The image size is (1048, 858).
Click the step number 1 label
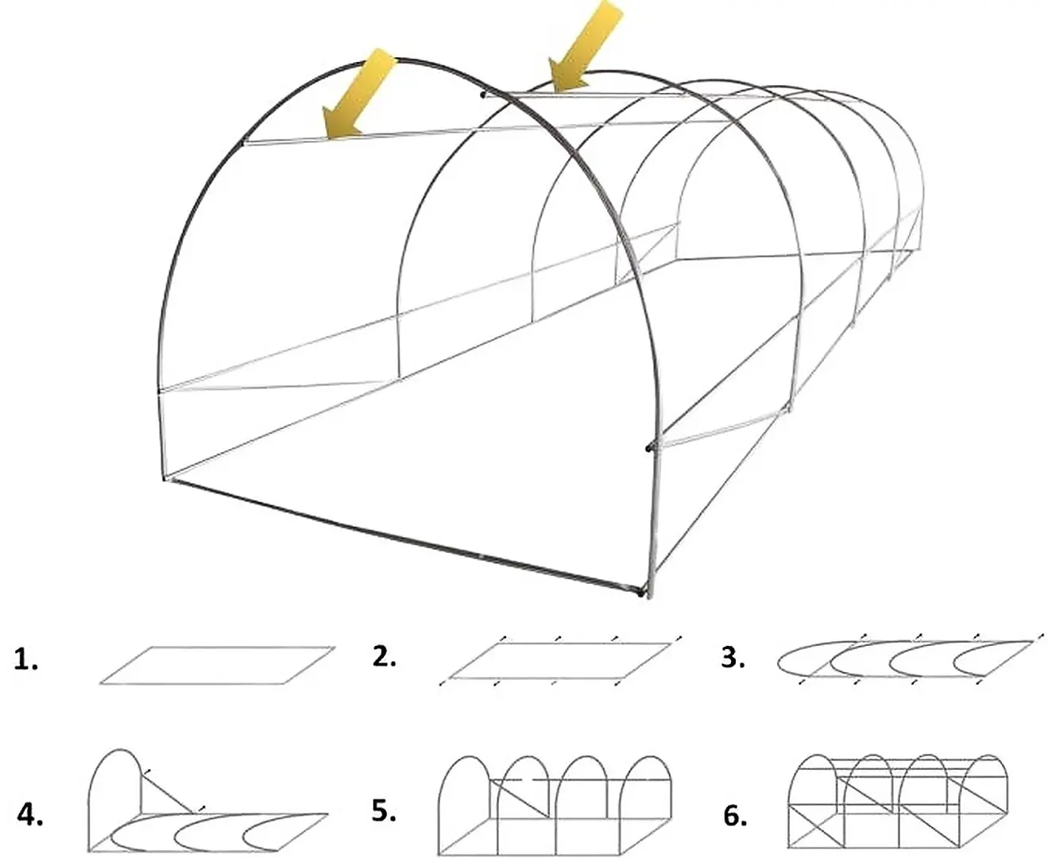tap(26, 659)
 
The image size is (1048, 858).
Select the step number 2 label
tap(384, 657)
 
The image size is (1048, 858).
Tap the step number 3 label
tap(733, 658)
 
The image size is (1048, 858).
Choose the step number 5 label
tap(383, 811)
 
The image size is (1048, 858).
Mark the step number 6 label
tap(735, 815)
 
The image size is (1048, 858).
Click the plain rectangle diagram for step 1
tap(217, 665)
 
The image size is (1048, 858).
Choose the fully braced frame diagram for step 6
tap(898, 804)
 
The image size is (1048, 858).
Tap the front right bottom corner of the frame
tap(643, 592)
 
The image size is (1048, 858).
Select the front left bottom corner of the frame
tap(165, 477)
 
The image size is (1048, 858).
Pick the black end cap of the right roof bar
tap(482, 95)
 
